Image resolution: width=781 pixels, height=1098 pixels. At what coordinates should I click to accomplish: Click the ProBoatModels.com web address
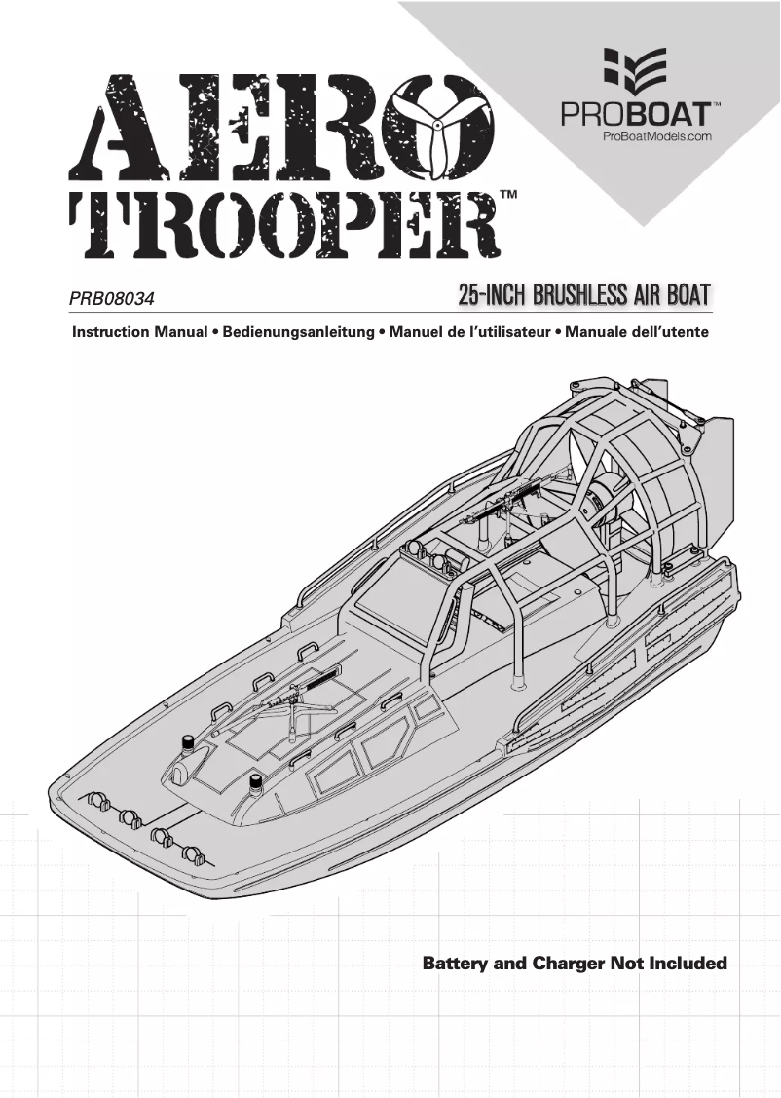(x=656, y=137)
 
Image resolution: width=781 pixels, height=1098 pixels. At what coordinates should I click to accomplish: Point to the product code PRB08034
(x=112, y=293)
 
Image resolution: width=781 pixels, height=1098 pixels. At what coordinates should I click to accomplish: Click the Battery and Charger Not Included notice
(x=575, y=964)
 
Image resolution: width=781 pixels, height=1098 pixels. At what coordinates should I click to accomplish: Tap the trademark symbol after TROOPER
(x=507, y=197)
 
